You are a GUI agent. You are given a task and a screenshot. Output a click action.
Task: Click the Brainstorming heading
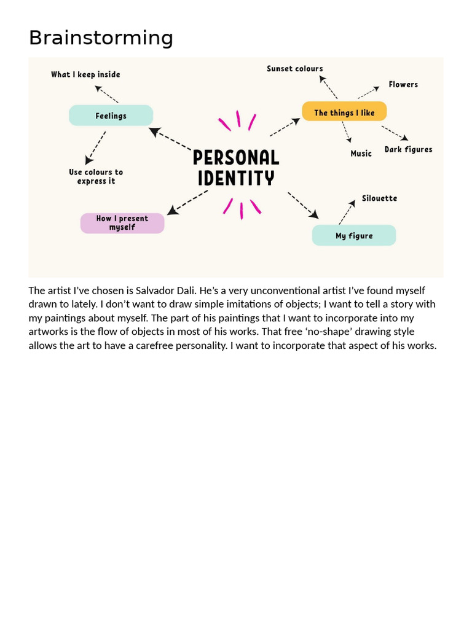point(101,38)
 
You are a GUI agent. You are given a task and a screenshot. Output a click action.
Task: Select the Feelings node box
point(111,115)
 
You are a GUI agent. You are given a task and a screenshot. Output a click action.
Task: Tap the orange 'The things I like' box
point(344,112)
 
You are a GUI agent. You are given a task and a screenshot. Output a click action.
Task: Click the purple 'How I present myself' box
point(122,223)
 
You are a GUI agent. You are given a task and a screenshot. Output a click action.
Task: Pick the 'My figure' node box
point(354,236)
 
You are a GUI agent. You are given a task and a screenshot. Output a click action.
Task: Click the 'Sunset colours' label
point(294,69)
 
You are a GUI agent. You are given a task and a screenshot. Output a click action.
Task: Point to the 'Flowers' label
point(403,85)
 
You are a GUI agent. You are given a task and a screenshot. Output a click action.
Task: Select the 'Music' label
point(361,154)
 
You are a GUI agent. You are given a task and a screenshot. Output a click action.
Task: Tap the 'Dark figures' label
point(408,149)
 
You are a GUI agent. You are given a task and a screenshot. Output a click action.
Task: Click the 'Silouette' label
point(379,198)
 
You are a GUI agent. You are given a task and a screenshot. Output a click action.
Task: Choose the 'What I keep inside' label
point(85,74)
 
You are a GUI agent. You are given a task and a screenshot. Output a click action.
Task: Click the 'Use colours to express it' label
point(96,176)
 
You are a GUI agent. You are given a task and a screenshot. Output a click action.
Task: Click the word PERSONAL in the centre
point(236,158)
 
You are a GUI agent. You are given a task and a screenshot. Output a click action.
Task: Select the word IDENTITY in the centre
point(236,179)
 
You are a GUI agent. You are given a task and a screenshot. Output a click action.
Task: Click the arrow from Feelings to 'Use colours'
point(95,147)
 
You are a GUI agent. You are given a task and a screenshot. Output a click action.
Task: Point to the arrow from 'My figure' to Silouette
point(347,212)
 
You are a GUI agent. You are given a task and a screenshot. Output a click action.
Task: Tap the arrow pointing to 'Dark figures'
point(395,133)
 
